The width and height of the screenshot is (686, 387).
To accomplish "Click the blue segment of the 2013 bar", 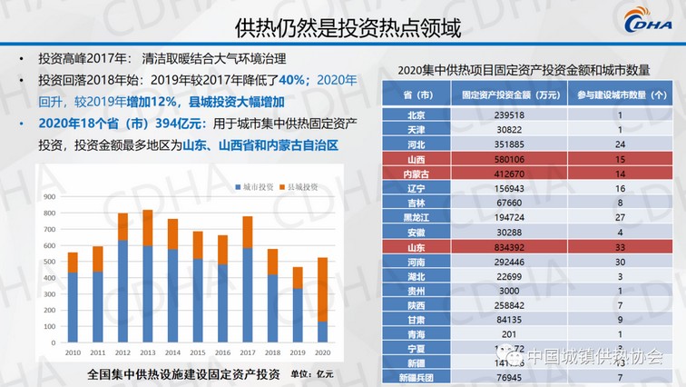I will (x=147, y=295).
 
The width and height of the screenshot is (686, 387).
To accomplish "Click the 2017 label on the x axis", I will (x=247, y=352).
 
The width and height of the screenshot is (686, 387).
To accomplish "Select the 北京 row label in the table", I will (x=416, y=115).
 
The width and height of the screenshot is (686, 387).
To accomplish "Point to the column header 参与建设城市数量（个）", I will (x=620, y=95).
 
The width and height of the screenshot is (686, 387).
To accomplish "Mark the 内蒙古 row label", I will (x=416, y=174).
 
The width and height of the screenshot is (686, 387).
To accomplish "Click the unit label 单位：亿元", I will (x=312, y=373).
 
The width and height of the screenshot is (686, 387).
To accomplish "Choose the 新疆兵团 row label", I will (x=416, y=378).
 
